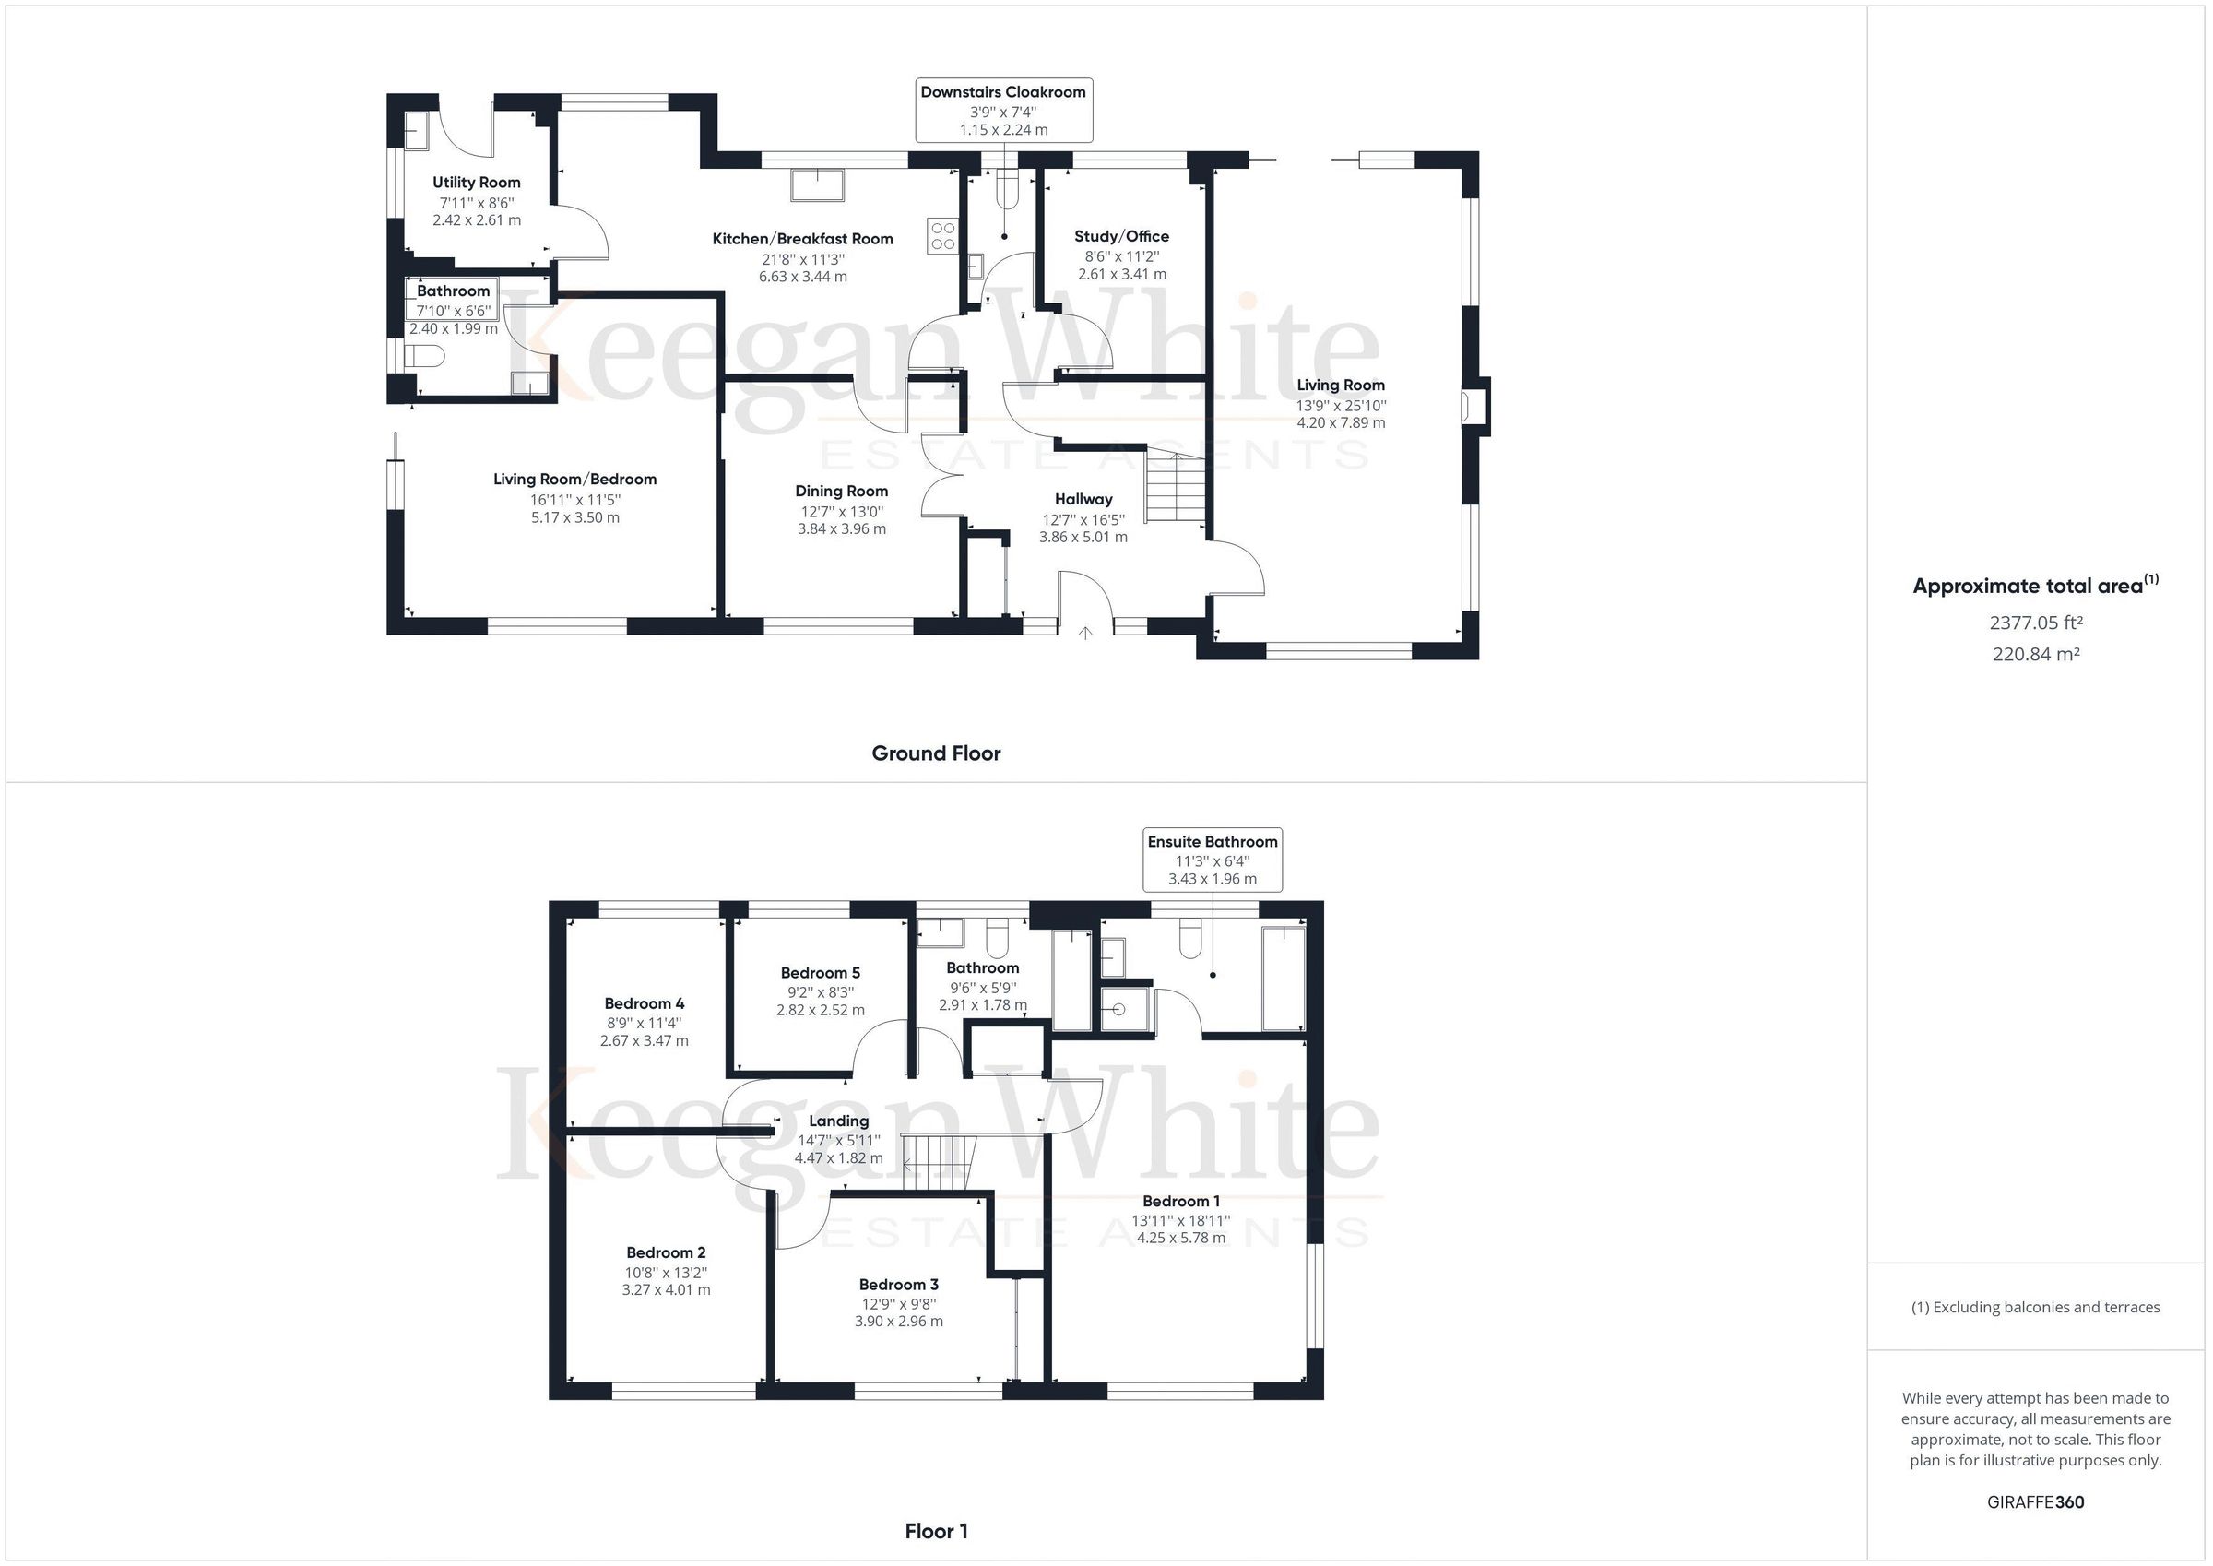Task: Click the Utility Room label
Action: click(476, 183)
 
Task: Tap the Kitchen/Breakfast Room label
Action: click(803, 239)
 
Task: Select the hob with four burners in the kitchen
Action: click(942, 235)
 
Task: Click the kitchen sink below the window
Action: click(817, 185)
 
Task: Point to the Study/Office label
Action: click(1122, 236)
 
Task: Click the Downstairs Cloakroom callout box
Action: click(1003, 110)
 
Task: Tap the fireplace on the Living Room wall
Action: click(1474, 405)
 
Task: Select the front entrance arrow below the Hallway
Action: click(1085, 633)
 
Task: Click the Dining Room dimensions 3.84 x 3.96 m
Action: click(842, 528)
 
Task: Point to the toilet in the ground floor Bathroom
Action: click(424, 358)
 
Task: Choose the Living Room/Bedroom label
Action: click(574, 480)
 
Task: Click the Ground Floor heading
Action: click(936, 754)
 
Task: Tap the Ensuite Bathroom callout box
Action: click(1213, 860)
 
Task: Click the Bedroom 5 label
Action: click(821, 973)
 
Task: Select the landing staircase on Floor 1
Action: click(941, 1164)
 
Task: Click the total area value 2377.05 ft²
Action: click(2036, 623)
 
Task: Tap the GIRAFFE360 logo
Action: click(2036, 1502)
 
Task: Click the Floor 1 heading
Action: click(936, 1531)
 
